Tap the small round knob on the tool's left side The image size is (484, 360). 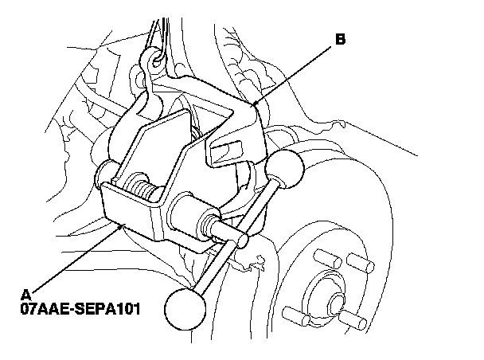click(x=105, y=174)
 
